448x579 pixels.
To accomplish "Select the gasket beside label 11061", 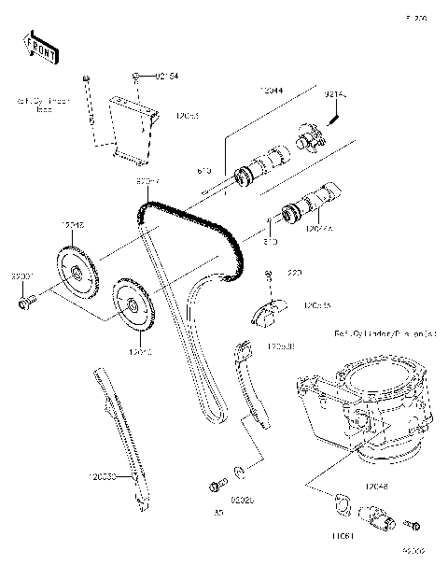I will (342, 504).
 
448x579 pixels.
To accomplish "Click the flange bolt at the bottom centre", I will (218, 484).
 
